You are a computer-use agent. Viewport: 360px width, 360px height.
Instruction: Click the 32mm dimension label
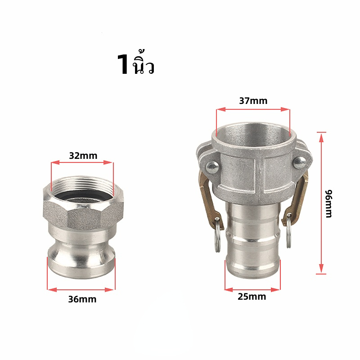point(83,156)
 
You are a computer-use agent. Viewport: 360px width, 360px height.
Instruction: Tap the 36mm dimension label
point(82,299)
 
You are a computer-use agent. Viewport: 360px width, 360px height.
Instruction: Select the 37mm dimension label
point(253,101)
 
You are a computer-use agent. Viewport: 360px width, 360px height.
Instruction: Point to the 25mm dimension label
point(252,297)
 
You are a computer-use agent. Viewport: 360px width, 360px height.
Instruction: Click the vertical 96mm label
point(329,204)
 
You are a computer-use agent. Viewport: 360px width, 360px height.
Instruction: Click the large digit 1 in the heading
point(123,64)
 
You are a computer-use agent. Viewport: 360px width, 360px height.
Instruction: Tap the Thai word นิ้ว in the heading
point(143,63)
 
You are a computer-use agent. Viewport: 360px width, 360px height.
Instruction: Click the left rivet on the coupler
point(212,167)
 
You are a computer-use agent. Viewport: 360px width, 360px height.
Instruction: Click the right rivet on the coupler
point(300,162)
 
